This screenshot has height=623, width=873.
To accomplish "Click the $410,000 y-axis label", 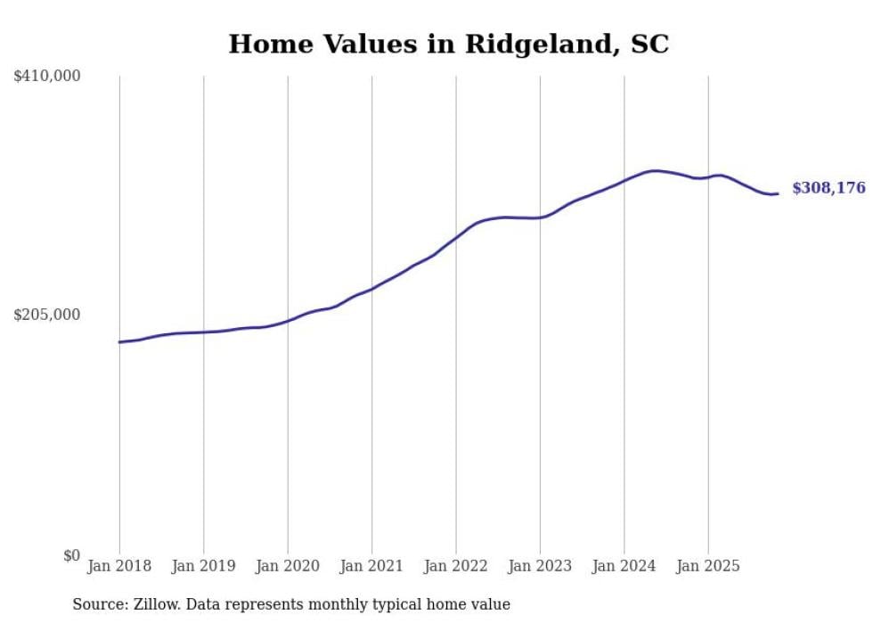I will [x=47, y=77].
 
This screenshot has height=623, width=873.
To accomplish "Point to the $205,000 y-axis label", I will [x=47, y=315].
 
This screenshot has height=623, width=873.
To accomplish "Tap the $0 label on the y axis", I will [x=71, y=555].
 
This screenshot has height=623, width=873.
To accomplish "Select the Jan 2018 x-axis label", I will [x=119, y=566].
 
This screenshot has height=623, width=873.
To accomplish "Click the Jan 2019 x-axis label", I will [x=203, y=566].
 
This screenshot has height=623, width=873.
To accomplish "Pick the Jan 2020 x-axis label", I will [x=288, y=566].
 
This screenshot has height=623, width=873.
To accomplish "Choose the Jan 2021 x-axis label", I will [x=371, y=566].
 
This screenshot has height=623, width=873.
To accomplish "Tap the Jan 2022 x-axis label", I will [x=455, y=566].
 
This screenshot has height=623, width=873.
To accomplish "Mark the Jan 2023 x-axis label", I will [x=540, y=566].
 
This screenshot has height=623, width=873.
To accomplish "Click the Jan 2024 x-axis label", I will [x=624, y=566].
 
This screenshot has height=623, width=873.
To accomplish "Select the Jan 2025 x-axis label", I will [x=708, y=566].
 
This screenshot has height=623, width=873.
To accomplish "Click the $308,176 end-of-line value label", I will [x=828, y=188].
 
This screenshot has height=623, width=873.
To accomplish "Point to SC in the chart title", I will [x=650, y=44].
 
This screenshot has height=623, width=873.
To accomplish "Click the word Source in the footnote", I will [x=97, y=604].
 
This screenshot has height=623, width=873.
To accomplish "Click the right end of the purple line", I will [x=778, y=193].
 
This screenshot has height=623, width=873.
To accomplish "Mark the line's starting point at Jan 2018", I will [x=119, y=342].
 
